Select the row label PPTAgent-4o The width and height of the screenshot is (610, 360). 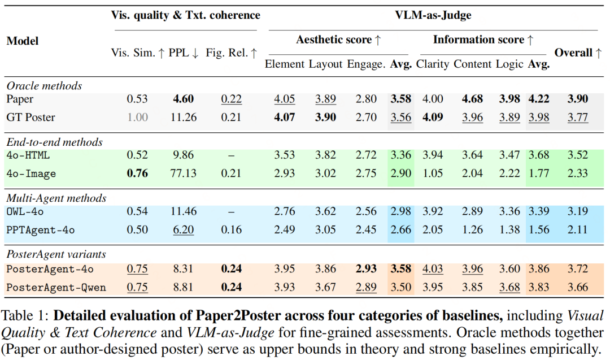(40, 229)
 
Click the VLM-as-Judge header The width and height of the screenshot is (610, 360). (433, 15)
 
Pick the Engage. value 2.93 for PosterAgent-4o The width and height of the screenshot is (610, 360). (366, 268)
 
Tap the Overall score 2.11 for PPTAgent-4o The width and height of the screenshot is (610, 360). (578, 229)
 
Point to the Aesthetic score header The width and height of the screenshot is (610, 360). (338, 40)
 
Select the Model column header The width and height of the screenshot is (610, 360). (23, 41)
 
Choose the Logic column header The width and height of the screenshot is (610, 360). (509, 64)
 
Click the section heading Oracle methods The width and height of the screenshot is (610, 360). (44, 86)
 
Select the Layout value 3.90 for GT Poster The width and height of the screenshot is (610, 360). (325, 118)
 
